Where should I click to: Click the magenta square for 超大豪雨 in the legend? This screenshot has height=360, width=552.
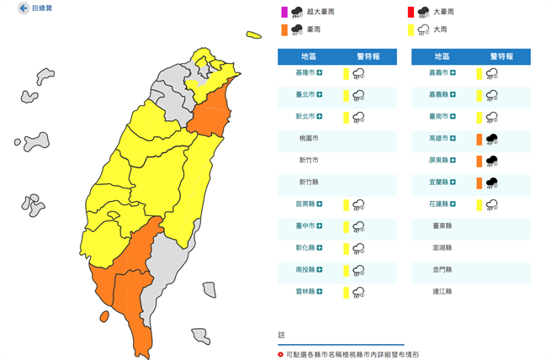(x=284, y=12)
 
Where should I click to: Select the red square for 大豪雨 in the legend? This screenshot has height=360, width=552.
(x=411, y=12)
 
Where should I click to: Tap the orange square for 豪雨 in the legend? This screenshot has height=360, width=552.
(x=284, y=29)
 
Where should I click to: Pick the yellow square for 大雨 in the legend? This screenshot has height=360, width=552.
(x=411, y=29)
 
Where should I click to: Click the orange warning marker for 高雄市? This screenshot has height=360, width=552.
(x=478, y=139)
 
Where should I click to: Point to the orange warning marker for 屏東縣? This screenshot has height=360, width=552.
(x=478, y=161)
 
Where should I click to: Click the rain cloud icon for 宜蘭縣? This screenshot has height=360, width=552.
(x=490, y=183)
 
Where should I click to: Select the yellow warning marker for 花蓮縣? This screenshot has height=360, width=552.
(x=478, y=204)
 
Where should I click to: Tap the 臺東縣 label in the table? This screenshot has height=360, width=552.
(x=443, y=226)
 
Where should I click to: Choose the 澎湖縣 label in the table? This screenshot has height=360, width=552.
(x=443, y=248)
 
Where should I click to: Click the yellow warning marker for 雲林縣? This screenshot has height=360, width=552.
(x=346, y=292)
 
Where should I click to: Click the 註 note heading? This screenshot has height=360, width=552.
(x=281, y=334)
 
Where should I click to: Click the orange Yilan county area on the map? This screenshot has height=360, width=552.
(x=212, y=114)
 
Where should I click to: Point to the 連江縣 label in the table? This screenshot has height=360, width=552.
(x=443, y=292)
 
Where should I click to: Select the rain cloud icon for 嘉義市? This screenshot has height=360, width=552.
(x=490, y=73)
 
